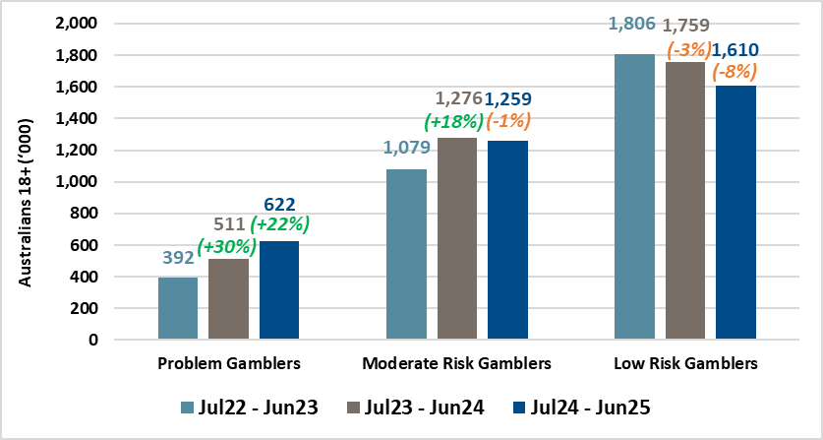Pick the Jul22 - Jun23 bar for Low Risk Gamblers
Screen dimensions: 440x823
pyautogui.click(x=634, y=197)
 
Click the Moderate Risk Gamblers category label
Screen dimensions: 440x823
pyautogui.click(x=457, y=364)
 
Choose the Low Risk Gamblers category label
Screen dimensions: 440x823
pyautogui.click(x=685, y=364)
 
